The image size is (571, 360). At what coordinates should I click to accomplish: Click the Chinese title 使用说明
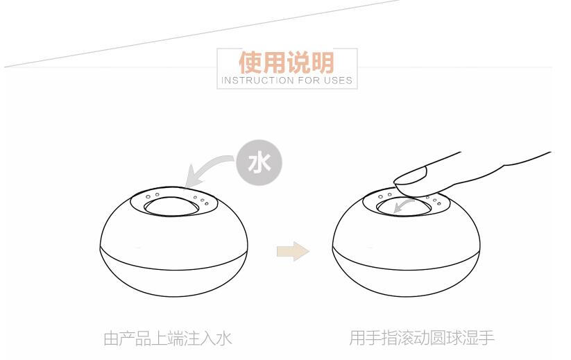pos(287,62)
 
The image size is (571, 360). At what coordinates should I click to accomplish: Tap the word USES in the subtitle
pos(339,80)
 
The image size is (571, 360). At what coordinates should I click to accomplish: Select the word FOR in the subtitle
pos(309,80)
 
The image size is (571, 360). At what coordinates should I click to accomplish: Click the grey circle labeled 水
pos(259,162)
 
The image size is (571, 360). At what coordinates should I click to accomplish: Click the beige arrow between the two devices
pos(293,251)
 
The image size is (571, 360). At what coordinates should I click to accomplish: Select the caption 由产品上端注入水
pos(168,338)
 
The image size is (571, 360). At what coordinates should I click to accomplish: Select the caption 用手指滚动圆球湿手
pos(422,338)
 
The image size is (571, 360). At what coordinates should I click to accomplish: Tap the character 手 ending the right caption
pos(486,338)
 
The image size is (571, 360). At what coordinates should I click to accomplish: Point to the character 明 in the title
pos(323,62)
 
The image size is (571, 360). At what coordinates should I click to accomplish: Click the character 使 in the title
pos(250,62)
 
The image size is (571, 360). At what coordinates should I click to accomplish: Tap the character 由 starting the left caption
pos(112,338)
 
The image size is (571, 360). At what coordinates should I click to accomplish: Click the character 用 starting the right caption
pos(357,338)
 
